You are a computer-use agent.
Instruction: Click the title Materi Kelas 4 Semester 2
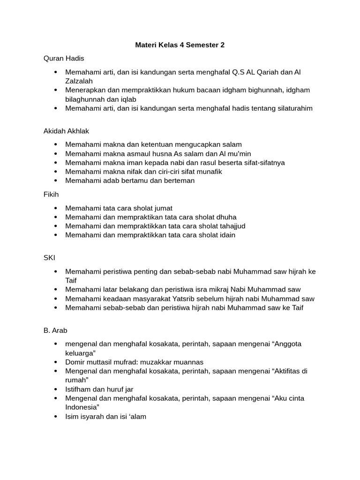(180, 45)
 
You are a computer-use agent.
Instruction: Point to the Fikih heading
(51, 194)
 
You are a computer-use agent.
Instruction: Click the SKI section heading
(49, 258)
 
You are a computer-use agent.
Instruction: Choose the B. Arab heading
(55, 330)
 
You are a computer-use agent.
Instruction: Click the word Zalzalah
(80, 81)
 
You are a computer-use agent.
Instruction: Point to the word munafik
(209, 172)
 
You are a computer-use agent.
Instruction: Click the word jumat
(163, 208)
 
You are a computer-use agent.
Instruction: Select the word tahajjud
(230, 226)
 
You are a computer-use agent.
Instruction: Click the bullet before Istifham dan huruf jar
(56, 389)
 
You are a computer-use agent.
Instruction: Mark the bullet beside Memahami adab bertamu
(56, 181)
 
